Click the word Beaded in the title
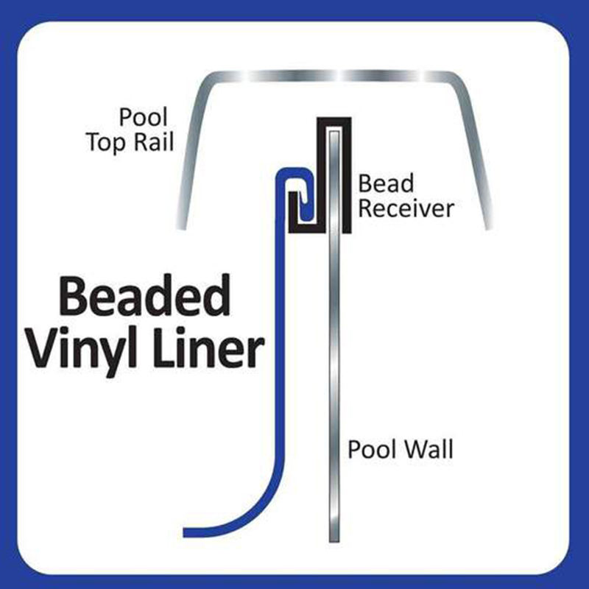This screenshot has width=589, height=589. tap(144, 297)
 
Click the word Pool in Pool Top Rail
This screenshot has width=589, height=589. tap(144, 117)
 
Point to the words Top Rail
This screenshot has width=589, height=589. tap(130, 141)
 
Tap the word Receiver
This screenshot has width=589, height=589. tap(405, 209)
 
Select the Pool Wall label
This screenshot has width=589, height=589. tap(400, 449)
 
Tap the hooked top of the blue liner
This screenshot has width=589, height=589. tap(294, 177)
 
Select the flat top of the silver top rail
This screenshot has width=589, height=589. tap(331, 76)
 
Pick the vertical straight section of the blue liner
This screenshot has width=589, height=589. tap(278, 331)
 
